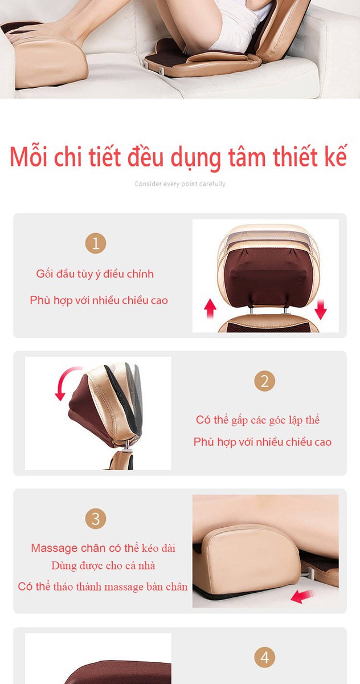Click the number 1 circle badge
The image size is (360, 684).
(x=96, y=243)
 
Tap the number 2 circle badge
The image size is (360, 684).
(x=264, y=381)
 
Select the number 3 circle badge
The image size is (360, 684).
(x=96, y=519)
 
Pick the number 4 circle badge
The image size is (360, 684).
(x=264, y=657)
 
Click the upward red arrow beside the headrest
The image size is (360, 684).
(x=210, y=308)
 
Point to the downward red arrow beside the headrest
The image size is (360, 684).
(x=320, y=310)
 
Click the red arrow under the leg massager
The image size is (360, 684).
(x=302, y=596)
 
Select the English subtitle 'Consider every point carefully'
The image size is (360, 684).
(x=180, y=184)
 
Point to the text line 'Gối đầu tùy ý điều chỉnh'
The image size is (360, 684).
(x=95, y=274)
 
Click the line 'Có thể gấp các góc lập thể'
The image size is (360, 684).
(x=258, y=420)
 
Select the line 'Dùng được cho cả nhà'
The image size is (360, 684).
(x=103, y=566)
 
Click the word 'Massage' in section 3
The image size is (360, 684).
(x=54, y=548)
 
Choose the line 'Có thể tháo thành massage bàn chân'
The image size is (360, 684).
(x=103, y=587)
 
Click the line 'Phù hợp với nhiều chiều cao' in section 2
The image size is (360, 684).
(x=263, y=442)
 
